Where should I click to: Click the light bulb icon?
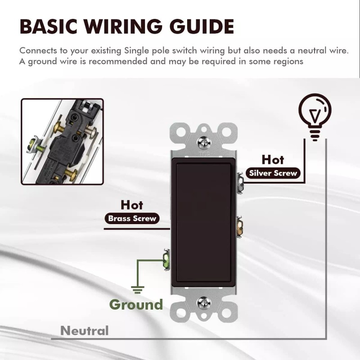click(x=315, y=117)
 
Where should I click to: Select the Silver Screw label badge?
click(x=273, y=173)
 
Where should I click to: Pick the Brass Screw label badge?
click(x=132, y=218)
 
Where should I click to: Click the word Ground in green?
click(x=136, y=305)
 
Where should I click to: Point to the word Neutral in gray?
click(x=84, y=331)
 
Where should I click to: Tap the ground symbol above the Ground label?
click(x=138, y=290)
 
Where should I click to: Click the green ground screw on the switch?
click(x=166, y=260)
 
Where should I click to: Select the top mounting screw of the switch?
click(x=204, y=142)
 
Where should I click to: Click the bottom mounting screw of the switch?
click(x=204, y=303)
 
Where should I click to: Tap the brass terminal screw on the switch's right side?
click(x=239, y=227)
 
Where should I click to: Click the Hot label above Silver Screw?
click(x=273, y=160)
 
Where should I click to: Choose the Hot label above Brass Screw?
click(x=132, y=205)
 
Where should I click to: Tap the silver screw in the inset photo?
click(x=91, y=133)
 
